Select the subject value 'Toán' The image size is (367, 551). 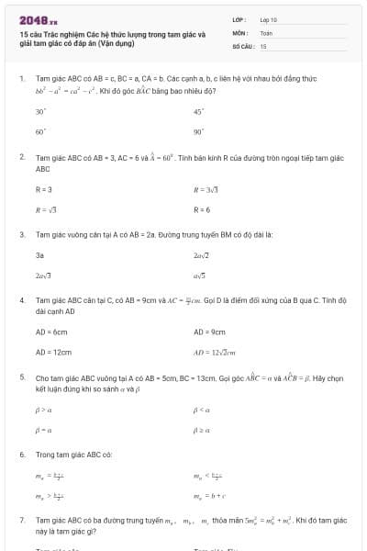click(x=267, y=32)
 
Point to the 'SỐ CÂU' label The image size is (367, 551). click(x=242, y=45)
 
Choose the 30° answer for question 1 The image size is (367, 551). click(x=40, y=111)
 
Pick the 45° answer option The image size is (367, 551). click(x=198, y=111)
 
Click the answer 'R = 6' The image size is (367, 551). click(x=202, y=209)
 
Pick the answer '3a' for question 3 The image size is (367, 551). click(x=39, y=254)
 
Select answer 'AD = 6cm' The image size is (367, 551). click(x=51, y=332)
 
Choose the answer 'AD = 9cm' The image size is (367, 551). click(x=209, y=332)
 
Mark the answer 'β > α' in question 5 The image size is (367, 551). click(x=40, y=409)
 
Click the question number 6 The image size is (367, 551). click(x=22, y=455)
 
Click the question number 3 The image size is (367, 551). click(x=22, y=234)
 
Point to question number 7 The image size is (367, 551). click(x=22, y=520)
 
